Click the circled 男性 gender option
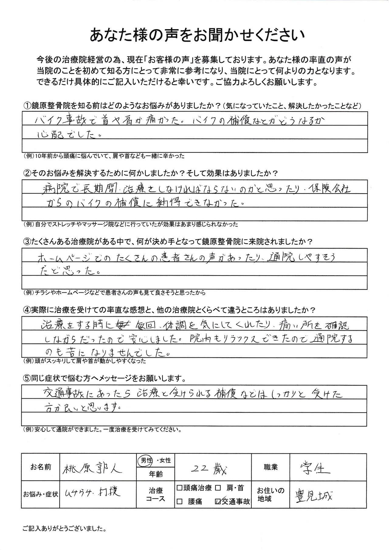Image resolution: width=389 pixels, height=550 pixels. [x=146, y=461]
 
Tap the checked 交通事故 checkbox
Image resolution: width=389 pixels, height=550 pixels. [x=218, y=501]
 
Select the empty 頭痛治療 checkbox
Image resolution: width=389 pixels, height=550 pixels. [x=179, y=488]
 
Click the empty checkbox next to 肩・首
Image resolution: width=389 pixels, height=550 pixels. [x=218, y=488]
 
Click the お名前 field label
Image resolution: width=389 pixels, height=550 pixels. [x=41, y=467]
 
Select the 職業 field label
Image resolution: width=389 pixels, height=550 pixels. [x=270, y=467]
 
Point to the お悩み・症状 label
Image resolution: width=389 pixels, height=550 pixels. [x=40, y=494]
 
